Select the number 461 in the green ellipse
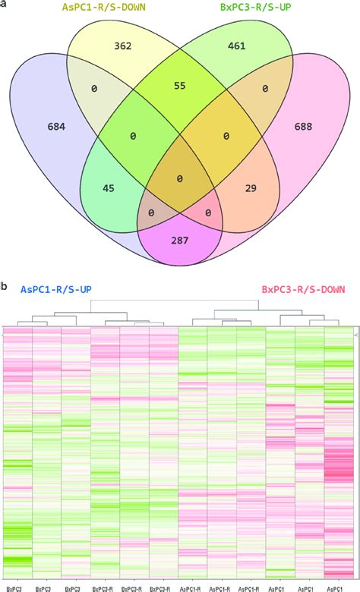tap(237, 46)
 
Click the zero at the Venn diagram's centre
tap(180, 179)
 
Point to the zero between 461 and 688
tap(264, 89)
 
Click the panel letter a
tap(5, 5)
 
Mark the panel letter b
tap(5, 287)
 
